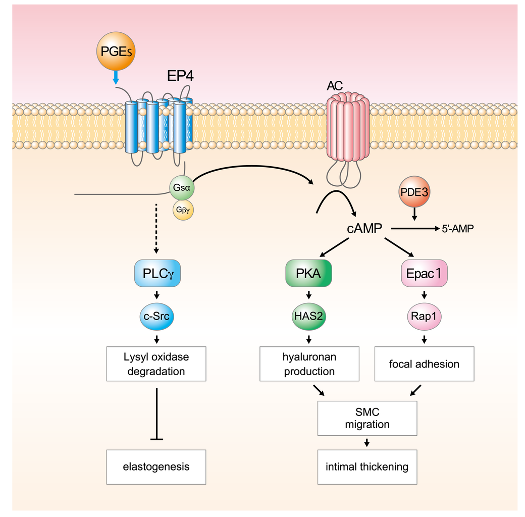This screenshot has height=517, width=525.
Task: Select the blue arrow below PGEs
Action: pos(116,77)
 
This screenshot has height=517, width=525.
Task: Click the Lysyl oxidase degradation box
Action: pos(157,364)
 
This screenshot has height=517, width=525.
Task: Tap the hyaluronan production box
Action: pos(308,364)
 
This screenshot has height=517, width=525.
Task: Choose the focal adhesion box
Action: pos(424,364)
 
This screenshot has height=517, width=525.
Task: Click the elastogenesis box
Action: pos(157,466)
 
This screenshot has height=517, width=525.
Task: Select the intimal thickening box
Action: pos(367,466)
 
